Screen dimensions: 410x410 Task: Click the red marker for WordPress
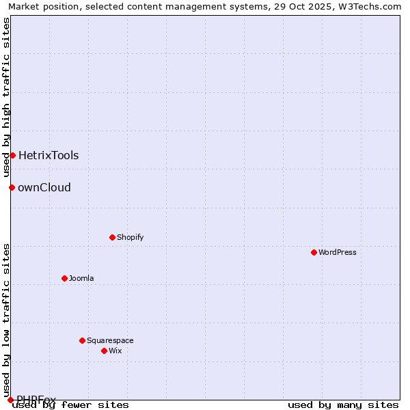314,252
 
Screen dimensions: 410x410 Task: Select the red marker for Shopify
112,237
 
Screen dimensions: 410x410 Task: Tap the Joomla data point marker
64,278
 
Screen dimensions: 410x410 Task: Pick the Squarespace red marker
82,340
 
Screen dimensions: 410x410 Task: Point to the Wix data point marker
104,351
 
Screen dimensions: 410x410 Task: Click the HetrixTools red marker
12,155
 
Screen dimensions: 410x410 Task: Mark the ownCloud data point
12,187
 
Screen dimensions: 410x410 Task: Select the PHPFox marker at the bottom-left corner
10,400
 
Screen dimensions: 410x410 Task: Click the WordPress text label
338,252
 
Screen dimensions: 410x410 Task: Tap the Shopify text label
130,237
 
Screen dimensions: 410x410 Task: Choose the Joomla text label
81,278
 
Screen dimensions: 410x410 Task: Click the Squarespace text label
110,340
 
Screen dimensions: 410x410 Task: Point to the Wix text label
115,351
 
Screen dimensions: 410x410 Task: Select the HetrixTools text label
49,155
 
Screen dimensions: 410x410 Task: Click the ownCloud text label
44,187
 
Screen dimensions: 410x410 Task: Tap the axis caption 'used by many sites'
343,405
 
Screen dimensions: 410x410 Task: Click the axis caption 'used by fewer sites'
71,405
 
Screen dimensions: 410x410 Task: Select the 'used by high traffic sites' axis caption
6,97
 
